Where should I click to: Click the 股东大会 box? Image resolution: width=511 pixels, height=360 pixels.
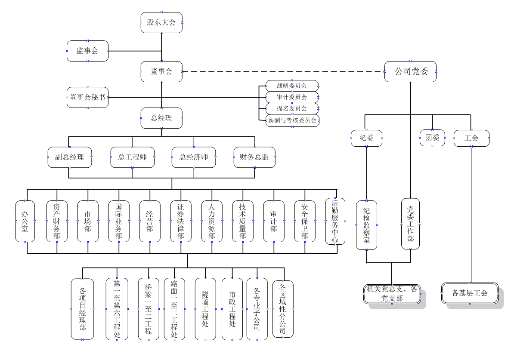tap(161, 23)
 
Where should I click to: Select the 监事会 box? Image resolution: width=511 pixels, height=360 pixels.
tap(88, 51)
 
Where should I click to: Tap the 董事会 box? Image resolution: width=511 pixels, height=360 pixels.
tap(161, 71)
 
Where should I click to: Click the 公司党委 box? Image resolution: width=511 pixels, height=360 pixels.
tap(410, 71)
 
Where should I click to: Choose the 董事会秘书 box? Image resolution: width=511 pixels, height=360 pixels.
tap(88, 97)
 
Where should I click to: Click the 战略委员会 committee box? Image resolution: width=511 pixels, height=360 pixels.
tap(292, 85)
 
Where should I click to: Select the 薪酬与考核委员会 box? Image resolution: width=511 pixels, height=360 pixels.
tap(292, 120)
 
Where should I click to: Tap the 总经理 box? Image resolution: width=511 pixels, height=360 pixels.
tap(161, 118)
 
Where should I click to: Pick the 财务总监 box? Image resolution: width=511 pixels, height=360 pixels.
tap(254, 157)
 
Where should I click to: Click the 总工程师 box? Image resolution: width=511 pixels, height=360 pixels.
tap(132, 157)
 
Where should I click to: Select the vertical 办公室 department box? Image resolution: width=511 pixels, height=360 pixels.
tap(25, 221)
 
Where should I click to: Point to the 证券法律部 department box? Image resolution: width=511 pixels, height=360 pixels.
tap(180, 221)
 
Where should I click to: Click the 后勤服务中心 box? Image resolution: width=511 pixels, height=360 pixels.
tap(335, 221)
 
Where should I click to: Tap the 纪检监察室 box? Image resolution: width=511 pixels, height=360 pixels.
tap(366, 225)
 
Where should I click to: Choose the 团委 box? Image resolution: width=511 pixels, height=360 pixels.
tap(432, 138)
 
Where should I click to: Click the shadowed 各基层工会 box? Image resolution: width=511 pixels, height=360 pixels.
tap(470, 293)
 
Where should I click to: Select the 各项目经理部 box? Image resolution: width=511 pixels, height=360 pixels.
tap(82, 309)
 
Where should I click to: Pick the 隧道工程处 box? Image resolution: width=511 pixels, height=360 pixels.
tap(205, 309)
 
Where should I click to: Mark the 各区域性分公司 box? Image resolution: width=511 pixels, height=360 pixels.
tap(283, 308)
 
